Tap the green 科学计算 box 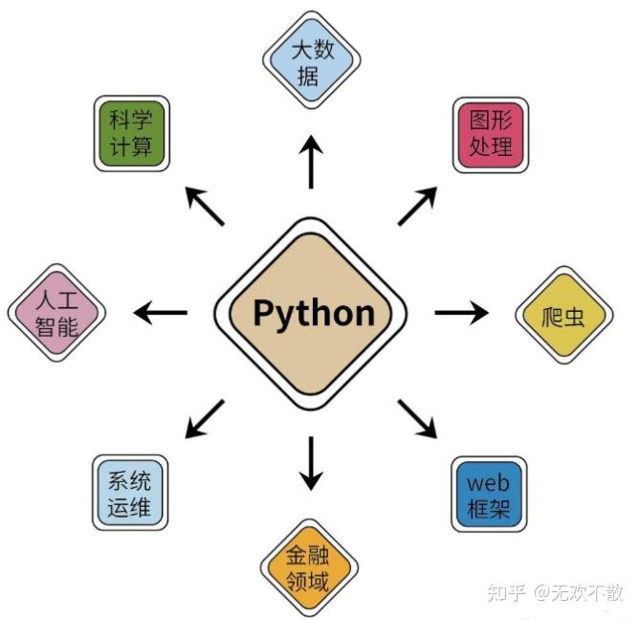[134, 133]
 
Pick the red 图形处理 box [491, 133]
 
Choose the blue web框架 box [488, 494]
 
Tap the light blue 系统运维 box [130, 494]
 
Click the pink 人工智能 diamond [56, 311]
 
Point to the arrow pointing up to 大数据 [311, 161]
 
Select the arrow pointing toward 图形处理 [417, 206]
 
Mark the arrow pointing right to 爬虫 [461, 312]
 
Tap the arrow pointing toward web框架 [417, 419]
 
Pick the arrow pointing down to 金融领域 [311, 463]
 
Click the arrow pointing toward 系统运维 [205, 419]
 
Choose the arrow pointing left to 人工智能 [160, 312]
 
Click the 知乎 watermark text [506, 593]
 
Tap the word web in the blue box [488, 482]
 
